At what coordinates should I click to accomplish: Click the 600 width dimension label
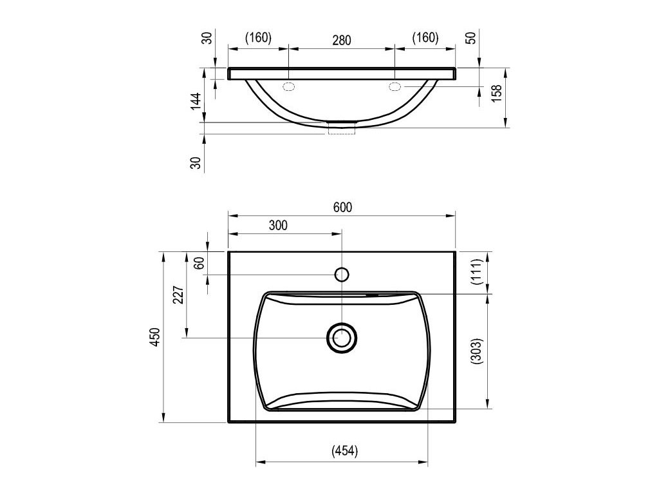coord(342,208)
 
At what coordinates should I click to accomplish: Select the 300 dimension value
coord(278,225)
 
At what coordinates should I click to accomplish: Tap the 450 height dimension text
coord(156,336)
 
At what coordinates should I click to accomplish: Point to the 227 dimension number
coord(179,295)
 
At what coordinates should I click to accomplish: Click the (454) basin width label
coord(345,451)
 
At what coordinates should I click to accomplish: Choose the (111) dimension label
coord(477,272)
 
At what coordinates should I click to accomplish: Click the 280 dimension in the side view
coord(342,41)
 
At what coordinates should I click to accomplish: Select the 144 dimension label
coord(196,101)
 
